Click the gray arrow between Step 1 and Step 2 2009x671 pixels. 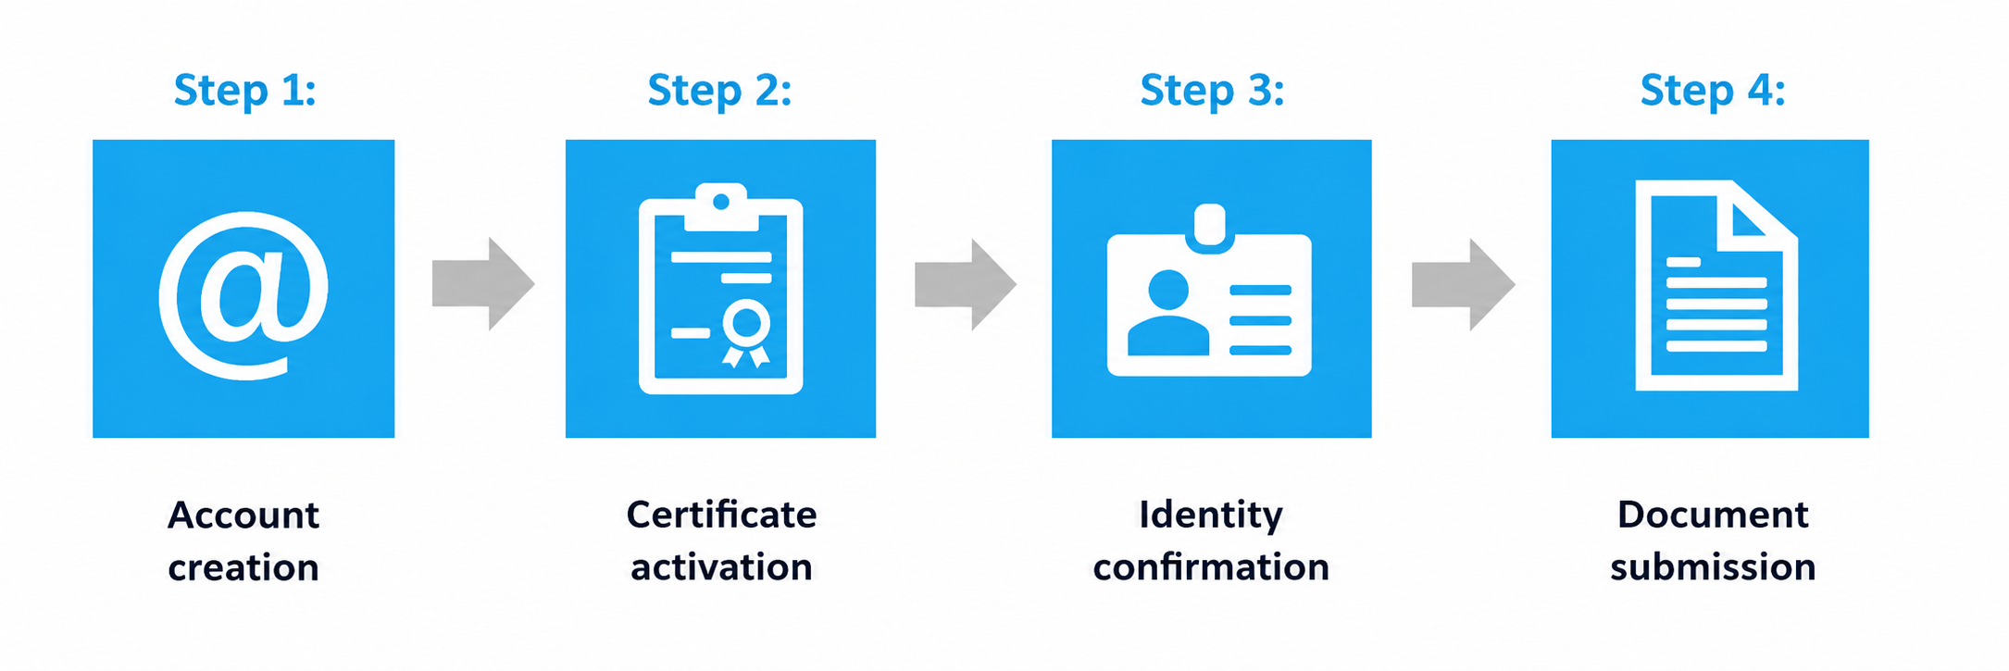483,284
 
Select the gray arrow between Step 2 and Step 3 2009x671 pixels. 966,284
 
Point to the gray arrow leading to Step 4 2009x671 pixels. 1463,284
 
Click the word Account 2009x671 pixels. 243,515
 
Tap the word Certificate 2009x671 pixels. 721,515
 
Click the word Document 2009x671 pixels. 1713,515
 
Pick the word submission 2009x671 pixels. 1713,567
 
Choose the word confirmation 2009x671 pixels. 1211,567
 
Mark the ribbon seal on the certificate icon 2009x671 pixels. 746,333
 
